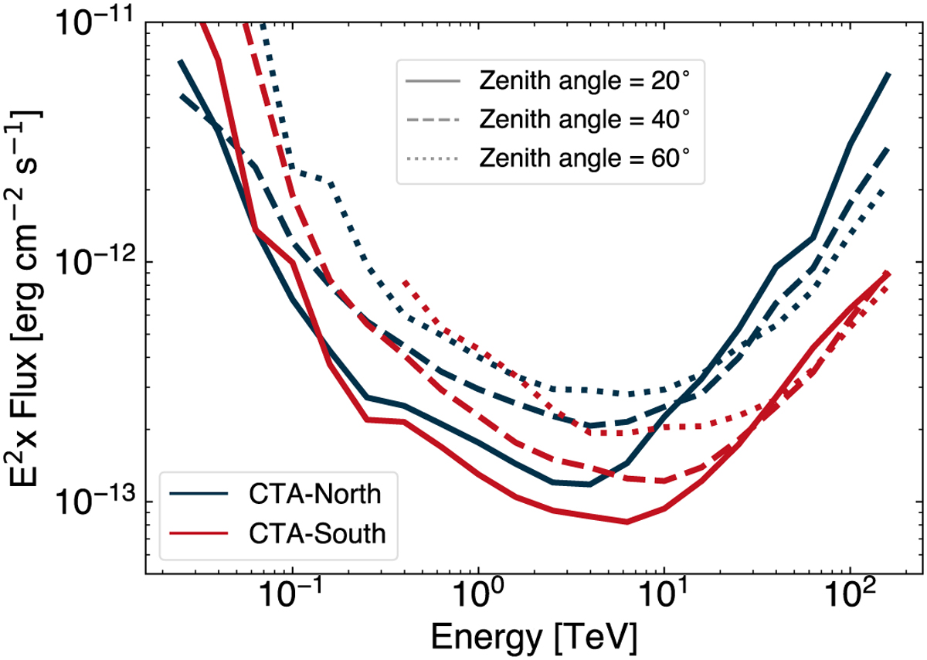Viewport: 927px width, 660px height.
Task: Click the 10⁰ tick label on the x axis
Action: (478, 597)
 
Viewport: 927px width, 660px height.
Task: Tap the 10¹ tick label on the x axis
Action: (664, 597)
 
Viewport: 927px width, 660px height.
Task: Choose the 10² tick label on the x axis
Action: (850, 597)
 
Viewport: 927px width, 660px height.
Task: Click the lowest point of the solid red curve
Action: (627, 522)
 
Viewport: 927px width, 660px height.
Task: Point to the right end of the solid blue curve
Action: (889, 74)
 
